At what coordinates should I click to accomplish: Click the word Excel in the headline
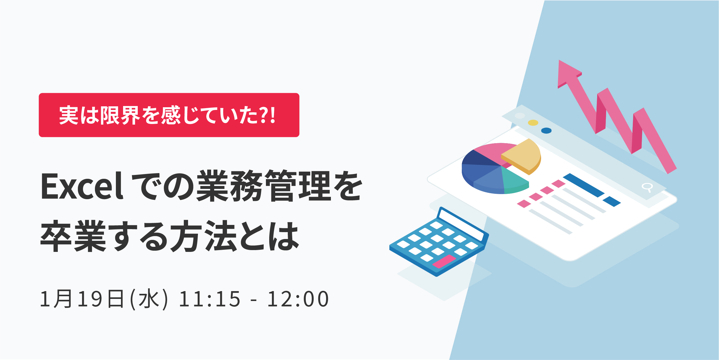(82, 186)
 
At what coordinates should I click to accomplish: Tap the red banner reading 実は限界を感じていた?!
(169, 115)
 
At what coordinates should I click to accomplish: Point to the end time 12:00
(298, 299)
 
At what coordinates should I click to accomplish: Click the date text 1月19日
(82, 299)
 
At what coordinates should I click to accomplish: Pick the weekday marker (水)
(149, 299)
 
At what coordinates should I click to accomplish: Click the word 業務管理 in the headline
(264, 186)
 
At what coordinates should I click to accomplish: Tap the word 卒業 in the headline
(73, 236)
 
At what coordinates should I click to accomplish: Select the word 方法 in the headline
(204, 236)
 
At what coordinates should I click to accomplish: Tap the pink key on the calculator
(444, 261)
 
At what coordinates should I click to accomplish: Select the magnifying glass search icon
(647, 187)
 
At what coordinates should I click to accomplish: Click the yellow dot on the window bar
(533, 123)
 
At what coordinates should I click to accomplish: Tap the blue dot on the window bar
(547, 131)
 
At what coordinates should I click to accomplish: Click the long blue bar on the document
(584, 185)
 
